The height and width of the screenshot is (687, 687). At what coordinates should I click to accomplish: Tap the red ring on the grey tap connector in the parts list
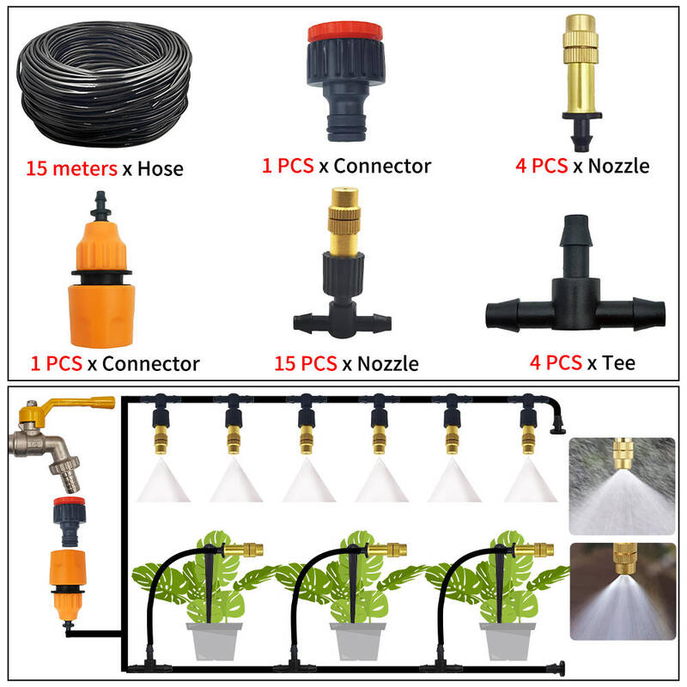pos(345,32)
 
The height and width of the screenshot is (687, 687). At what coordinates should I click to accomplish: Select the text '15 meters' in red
pos(71,168)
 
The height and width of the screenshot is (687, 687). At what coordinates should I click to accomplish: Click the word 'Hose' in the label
pos(161,169)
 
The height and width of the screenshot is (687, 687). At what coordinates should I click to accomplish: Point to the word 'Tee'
pos(618,362)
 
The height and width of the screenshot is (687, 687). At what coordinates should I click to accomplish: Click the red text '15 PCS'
pos(306,363)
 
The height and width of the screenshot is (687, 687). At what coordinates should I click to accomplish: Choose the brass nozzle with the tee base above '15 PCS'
pos(343,263)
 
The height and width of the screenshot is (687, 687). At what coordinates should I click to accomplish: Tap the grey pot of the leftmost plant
pos(214,641)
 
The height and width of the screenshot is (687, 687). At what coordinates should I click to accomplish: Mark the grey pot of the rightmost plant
pos(508,641)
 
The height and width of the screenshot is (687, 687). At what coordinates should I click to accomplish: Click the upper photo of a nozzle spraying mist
pos(622,486)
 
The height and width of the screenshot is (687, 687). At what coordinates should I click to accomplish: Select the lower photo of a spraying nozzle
pos(623,592)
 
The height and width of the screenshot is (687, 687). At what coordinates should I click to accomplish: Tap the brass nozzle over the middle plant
pos(387,550)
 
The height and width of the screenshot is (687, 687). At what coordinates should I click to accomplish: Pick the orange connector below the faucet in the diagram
pos(67,585)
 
